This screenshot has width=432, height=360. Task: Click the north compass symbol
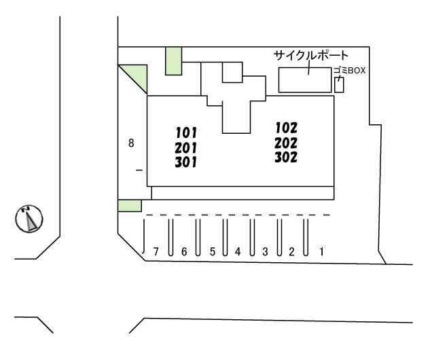[29, 219]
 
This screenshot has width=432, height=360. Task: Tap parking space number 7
[156, 251]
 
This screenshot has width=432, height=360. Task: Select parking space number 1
[321, 251]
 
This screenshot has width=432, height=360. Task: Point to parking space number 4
[238, 251]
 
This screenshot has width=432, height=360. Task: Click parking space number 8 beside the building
[131, 143]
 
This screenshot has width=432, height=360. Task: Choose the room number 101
[187, 132]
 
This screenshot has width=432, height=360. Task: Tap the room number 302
[286, 157]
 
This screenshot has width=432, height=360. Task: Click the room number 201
[186, 148]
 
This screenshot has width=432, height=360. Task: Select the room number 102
[287, 128]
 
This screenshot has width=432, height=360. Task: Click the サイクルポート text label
[311, 56]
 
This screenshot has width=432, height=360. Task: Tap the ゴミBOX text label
[349, 71]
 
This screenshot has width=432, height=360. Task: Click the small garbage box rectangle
[339, 84]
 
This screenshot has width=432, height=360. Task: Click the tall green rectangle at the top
[174, 61]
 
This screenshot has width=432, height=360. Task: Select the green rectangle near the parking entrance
[130, 206]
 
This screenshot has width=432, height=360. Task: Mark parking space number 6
[184, 251]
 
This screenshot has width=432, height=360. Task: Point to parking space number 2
[291, 251]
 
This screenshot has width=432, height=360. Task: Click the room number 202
[286, 143]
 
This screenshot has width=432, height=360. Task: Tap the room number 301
[186, 162]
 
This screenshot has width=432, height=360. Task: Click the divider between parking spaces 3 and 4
[252, 237]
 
